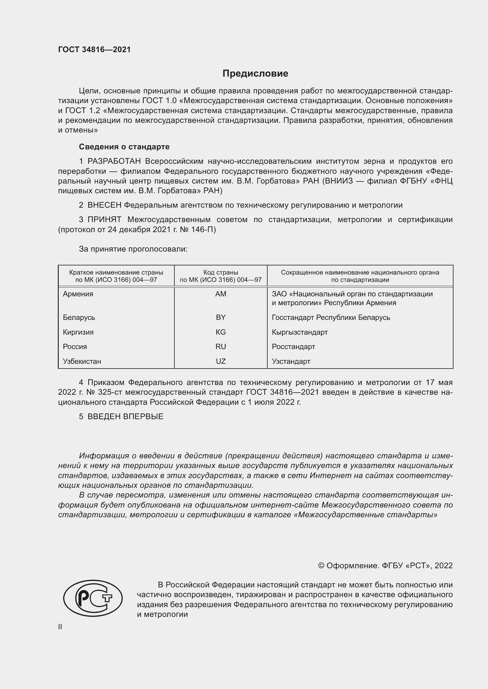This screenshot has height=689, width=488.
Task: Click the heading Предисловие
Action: click(255, 74)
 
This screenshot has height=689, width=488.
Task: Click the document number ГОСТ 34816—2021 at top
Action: click(94, 50)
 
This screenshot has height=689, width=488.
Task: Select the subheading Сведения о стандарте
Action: click(124, 147)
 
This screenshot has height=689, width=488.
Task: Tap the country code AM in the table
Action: click(221, 294)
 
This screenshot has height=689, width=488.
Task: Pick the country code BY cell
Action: click(221, 318)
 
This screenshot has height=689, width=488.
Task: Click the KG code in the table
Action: click(221, 332)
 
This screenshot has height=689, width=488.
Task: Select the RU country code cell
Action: click(221, 347)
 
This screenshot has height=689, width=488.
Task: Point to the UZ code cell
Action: click(221, 361)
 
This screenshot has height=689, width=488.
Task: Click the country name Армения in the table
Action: click(78, 294)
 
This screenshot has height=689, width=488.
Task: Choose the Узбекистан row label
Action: click(82, 361)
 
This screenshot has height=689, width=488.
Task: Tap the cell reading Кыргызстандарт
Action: click(299, 332)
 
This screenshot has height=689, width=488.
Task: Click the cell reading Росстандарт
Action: click(293, 347)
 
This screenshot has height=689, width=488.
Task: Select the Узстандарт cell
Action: click(291, 361)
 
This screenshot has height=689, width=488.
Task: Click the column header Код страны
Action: click(221, 272)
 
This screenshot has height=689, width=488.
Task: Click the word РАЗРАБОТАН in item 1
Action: click(114, 161)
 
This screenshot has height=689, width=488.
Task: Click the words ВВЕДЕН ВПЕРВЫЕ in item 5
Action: click(125, 417)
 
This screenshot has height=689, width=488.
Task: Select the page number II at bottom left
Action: click(60, 627)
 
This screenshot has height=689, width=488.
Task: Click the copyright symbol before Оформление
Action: click(321, 566)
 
